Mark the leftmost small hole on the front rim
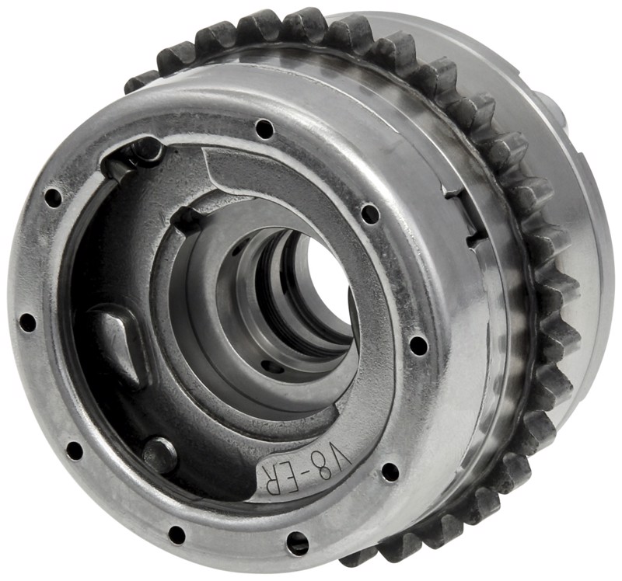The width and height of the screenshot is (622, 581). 27,322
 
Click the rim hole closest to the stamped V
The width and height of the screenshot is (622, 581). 390,471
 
